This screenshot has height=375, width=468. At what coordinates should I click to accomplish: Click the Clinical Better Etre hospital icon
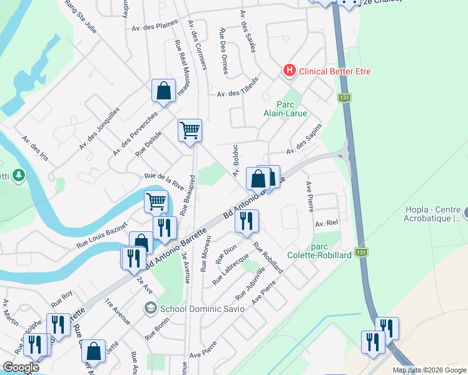pos(289,71)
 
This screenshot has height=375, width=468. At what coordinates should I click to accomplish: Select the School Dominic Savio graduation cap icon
pos(150,307)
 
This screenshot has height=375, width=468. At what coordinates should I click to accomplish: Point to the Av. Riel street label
pos(327,223)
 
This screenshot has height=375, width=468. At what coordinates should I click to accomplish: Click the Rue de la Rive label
pos(165,181)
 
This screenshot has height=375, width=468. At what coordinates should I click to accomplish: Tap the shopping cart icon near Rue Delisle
pos(190,131)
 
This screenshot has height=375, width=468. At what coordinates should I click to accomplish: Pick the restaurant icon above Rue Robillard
pos(247,221)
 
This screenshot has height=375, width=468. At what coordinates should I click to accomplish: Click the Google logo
pos(21,367)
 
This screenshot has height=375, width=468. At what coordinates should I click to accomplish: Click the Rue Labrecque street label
pos(230,269)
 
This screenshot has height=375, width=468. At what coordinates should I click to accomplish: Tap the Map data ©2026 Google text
pos(429,370)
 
